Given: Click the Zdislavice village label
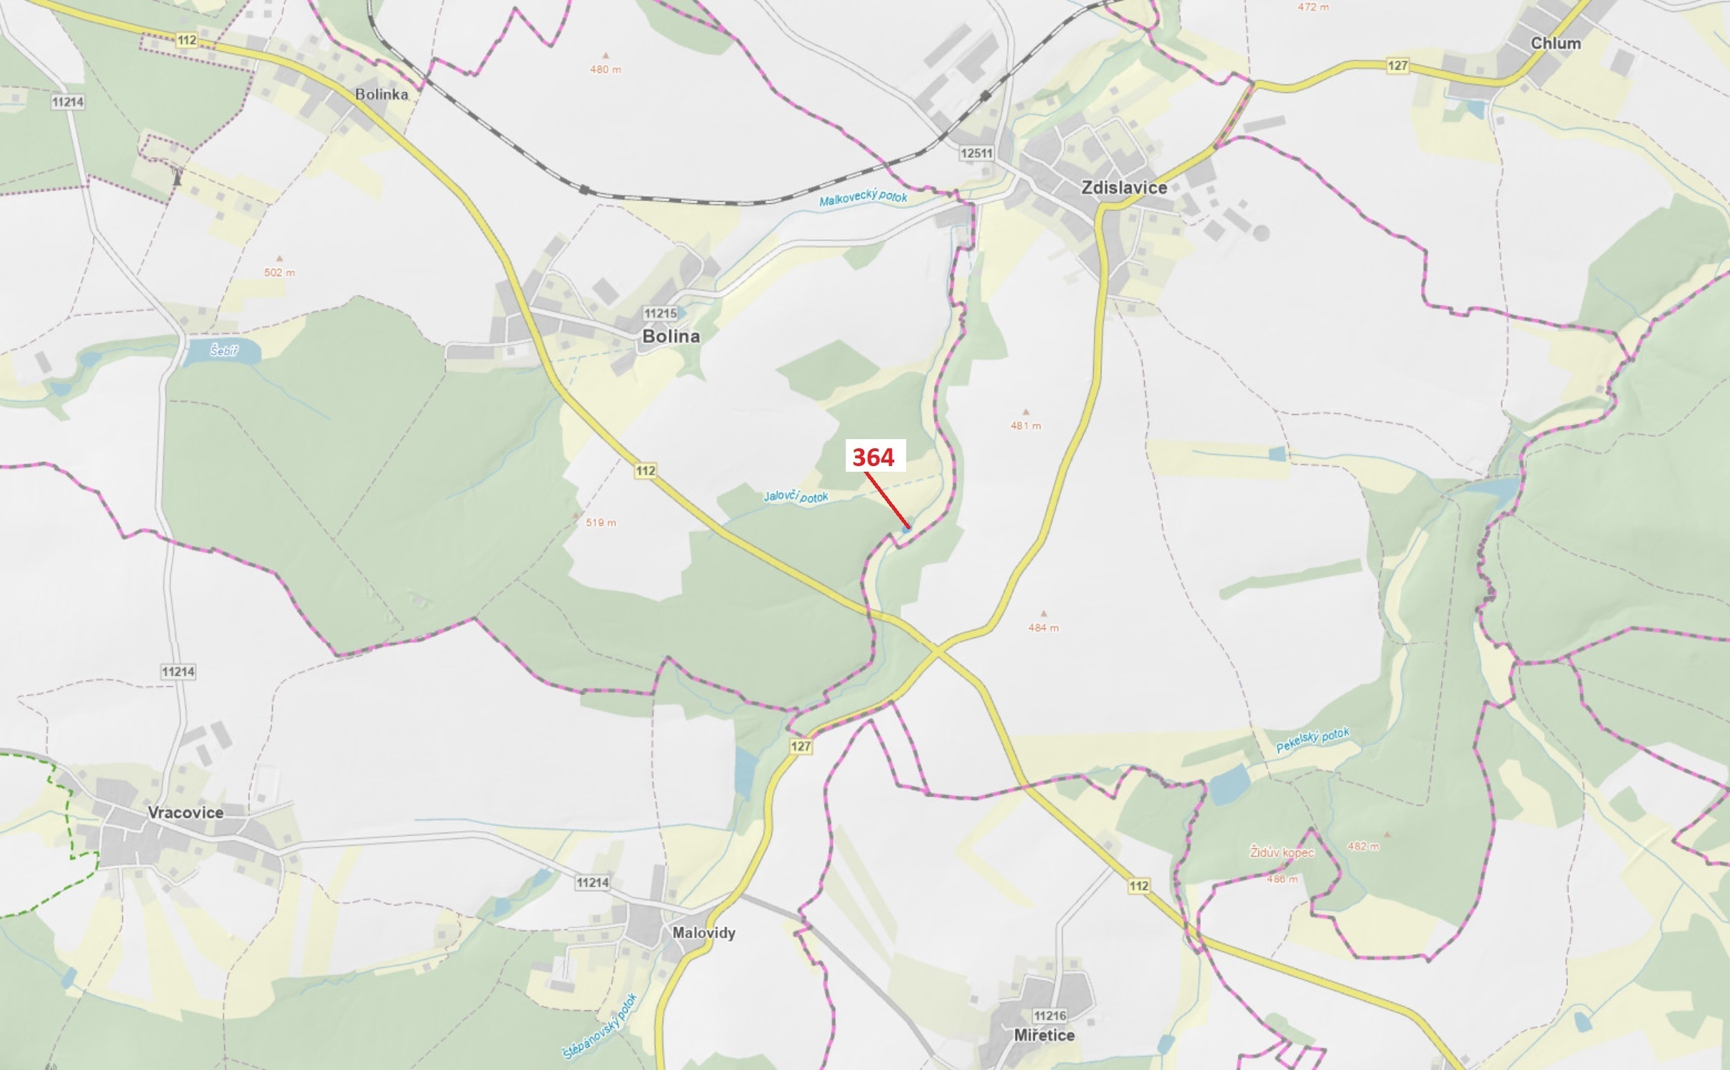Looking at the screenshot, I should click(x=1124, y=188).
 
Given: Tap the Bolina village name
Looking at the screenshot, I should click(x=670, y=336).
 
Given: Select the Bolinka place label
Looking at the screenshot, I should click(x=381, y=94).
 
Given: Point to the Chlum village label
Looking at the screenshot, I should click(x=1555, y=43).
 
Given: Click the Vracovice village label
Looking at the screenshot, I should click(x=185, y=812).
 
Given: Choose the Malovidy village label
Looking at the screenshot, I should click(x=703, y=933).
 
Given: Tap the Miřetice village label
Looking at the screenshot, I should click(x=1044, y=1035).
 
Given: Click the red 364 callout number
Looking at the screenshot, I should click(x=874, y=457).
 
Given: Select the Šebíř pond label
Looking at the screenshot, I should click(x=224, y=350).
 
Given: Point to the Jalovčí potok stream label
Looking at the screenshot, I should click(x=795, y=496).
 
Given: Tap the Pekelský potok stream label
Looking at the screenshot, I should click(x=1312, y=740).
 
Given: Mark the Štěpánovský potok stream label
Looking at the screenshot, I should click(x=600, y=1027).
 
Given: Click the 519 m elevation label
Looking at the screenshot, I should click(x=601, y=523).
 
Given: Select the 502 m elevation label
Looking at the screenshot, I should click(x=279, y=273).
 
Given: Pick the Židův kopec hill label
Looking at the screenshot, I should click(x=1282, y=852).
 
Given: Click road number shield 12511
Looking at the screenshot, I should click(x=976, y=153).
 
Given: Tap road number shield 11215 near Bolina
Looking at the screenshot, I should click(x=660, y=313).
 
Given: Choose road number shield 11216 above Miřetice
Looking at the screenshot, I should click(x=1050, y=1016).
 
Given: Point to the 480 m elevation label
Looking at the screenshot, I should click(x=605, y=70).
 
